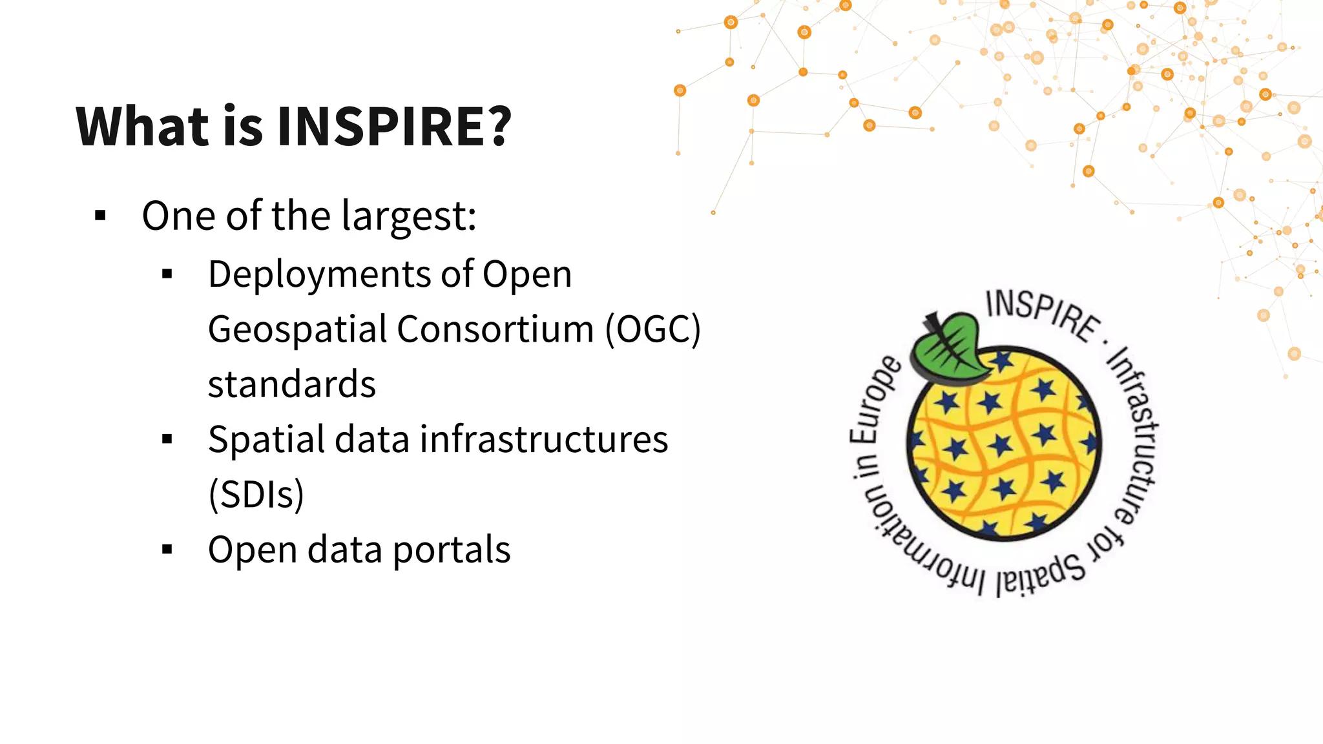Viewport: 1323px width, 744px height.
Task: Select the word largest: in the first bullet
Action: [x=409, y=216]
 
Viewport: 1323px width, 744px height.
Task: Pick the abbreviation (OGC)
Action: [x=652, y=329]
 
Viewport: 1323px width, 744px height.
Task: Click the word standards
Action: [x=291, y=384]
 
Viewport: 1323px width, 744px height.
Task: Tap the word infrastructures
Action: [x=544, y=439]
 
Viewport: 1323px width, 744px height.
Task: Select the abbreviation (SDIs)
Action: [x=256, y=495]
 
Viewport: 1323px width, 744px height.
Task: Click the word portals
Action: [x=452, y=550]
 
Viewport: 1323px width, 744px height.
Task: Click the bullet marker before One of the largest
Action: [x=100, y=216]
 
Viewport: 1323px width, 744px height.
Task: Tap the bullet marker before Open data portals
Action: [x=167, y=550]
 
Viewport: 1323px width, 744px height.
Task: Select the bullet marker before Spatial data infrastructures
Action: [x=167, y=439]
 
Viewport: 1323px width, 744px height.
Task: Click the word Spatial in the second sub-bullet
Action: [x=266, y=440]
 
